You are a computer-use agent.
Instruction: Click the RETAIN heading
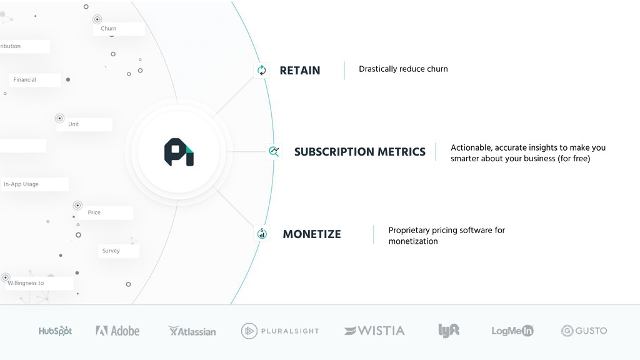(x=299, y=71)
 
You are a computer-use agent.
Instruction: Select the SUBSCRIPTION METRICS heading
(x=359, y=152)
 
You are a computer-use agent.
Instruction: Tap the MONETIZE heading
(x=312, y=234)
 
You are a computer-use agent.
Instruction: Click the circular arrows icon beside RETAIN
(x=262, y=70)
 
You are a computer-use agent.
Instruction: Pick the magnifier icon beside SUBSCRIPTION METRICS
(x=274, y=151)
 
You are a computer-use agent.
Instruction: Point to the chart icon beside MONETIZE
(x=262, y=234)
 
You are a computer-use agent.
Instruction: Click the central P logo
(x=179, y=152)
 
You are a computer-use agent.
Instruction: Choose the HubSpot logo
(x=55, y=331)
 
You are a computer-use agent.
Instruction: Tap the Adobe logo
(x=117, y=331)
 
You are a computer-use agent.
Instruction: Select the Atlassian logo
(x=192, y=331)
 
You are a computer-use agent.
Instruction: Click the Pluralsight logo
(x=280, y=331)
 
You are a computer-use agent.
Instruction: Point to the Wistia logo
(x=374, y=331)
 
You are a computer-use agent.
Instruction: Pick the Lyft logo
(x=449, y=330)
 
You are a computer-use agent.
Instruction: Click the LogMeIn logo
(x=512, y=331)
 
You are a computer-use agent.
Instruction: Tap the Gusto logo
(x=584, y=331)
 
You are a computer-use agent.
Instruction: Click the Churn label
(x=109, y=29)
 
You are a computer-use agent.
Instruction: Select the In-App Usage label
(x=21, y=184)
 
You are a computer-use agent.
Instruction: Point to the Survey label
(x=111, y=251)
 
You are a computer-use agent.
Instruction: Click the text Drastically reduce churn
(x=403, y=69)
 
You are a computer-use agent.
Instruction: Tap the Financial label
(x=24, y=79)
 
